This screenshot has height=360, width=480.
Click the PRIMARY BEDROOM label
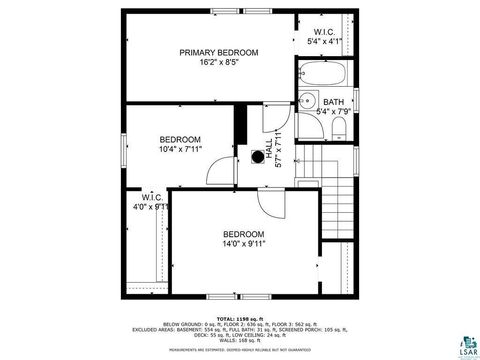tap(218, 52)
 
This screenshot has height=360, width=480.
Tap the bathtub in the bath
tap(322, 74)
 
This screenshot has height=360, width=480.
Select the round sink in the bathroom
tap(309, 101)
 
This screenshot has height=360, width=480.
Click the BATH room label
tap(333, 101)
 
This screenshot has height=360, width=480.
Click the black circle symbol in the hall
tap(257, 156)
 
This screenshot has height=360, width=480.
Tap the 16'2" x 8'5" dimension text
tap(218, 62)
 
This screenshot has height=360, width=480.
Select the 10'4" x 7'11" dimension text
tap(180, 149)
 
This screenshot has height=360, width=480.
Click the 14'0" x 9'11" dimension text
tap(243, 243)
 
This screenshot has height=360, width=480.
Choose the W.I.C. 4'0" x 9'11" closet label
tap(152, 203)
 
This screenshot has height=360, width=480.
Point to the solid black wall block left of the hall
tap(240, 127)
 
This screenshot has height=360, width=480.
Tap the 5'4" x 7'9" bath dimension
tap(333, 111)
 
